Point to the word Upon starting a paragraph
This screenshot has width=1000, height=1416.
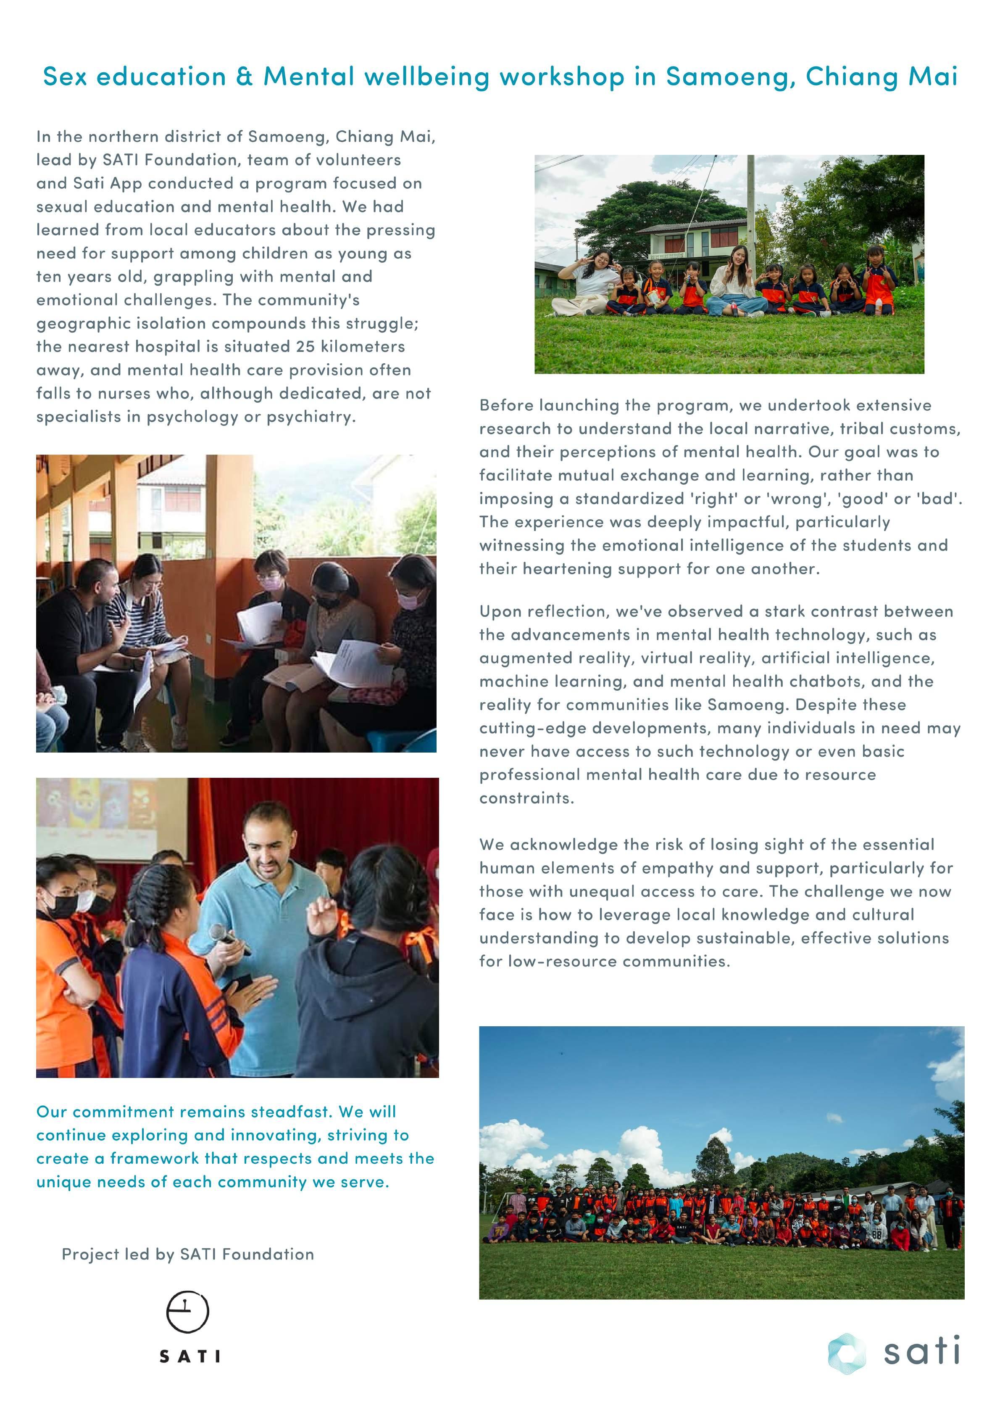pos(500,612)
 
